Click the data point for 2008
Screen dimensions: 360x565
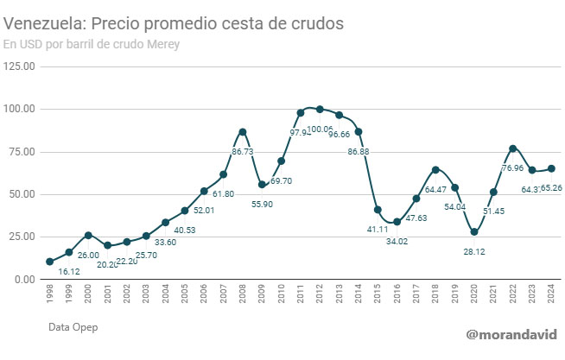pyautogui.click(x=243, y=132)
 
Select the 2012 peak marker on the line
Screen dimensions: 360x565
pyautogui.click(x=320, y=109)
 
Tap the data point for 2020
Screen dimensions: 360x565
pyautogui.click(x=474, y=232)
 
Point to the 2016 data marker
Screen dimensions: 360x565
pyautogui.click(x=397, y=222)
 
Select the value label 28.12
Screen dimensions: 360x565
pyautogui.click(x=474, y=251)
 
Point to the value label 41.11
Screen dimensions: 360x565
pyautogui.click(x=378, y=229)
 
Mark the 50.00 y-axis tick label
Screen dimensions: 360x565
pyautogui.click(x=20, y=194)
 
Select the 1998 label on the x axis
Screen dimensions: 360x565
pyautogui.click(x=49, y=299)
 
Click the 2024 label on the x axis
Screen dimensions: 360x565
pyautogui.click(x=551, y=299)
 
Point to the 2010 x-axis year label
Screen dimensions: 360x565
pyautogui.click(x=281, y=299)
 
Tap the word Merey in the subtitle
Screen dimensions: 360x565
pyautogui.click(x=161, y=45)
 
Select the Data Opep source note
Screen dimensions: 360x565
pyautogui.click(x=73, y=327)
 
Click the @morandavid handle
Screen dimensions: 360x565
pyautogui.click(x=511, y=334)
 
